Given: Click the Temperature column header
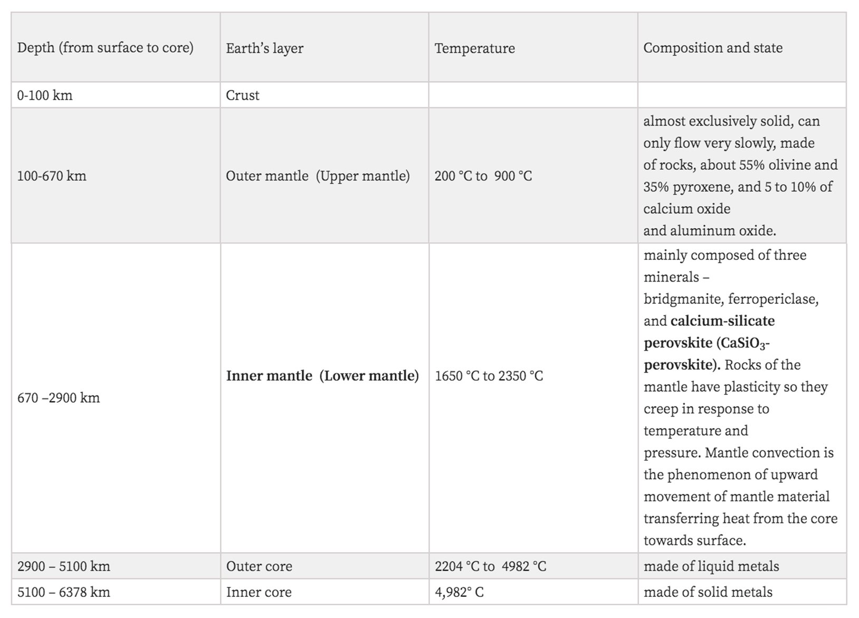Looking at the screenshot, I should pyautogui.click(x=474, y=49).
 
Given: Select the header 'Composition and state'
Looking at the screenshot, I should pyautogui.click(x=712, y=48).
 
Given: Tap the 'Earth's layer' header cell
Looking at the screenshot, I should pyautogui.click(x=264, y=49).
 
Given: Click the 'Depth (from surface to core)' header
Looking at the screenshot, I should pyautogui.click(x=105, y=48).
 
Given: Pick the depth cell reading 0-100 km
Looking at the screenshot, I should pyautogui.click(x=45, y=95).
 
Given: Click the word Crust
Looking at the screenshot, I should pyautogui.click(x=242, y=95).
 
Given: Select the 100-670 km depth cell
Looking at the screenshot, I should pyautogui.click(x=51, y=176).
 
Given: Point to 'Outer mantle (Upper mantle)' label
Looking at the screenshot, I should pyautogui.click(x=318, y=176).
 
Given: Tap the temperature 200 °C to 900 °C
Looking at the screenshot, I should pyautogui.click(x=483, y=176).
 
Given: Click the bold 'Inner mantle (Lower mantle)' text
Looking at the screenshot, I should pyautogui.click(x=322, y=375).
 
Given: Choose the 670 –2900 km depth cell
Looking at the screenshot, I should pyautogui.click(x=58, y=398).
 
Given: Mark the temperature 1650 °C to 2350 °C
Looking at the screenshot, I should pyautogui.click(x=489, y=376).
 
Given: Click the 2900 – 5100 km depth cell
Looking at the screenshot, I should pyautogui.click(x=63, y=566).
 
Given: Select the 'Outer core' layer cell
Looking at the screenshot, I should pyautogui.click(x=259, y=566).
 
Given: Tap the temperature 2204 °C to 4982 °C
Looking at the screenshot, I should pyautogui.click(x=490, y=566).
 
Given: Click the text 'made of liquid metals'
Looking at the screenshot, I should pyautogui.click(x=711, y=566).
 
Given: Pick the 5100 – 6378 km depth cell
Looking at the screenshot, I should pyautogui.click(x=63, y=592).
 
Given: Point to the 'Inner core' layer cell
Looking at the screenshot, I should pyautogui.click(x=259, y=592).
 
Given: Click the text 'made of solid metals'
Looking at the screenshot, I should pyautogui.click(x=708, y=592).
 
